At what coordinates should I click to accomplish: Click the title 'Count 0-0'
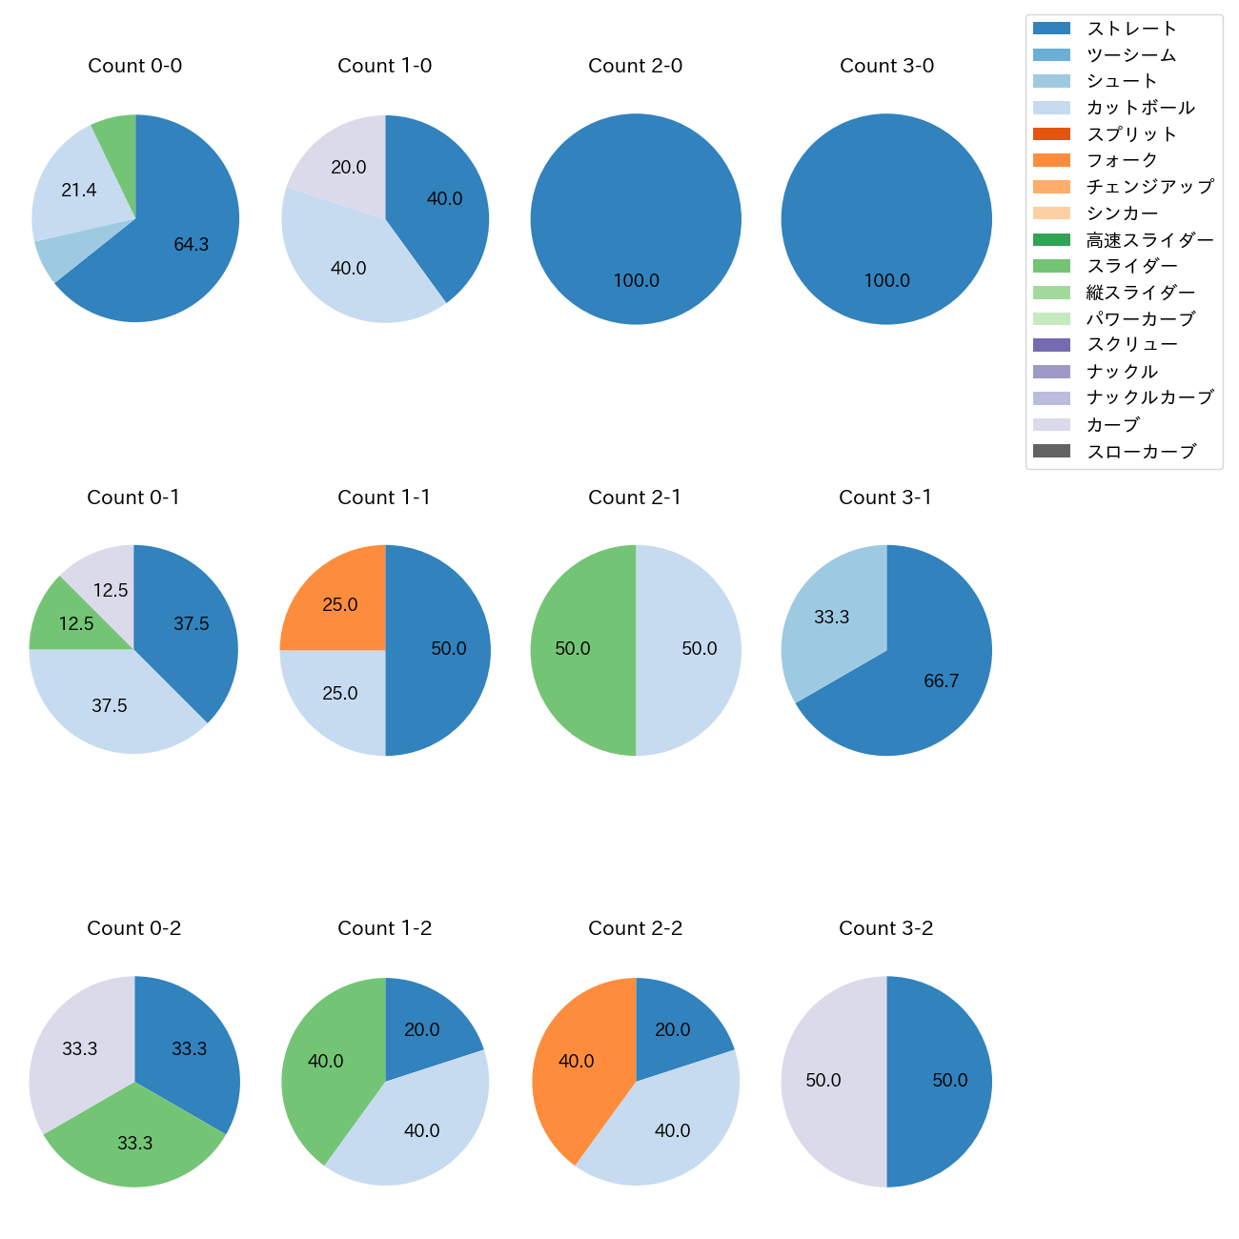(135, 66)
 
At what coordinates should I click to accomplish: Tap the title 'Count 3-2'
(886, 928)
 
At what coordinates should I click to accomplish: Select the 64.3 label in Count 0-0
(192, 245)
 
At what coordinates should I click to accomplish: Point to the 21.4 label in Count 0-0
(79, 191)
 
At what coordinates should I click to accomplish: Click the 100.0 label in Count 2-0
(636, 281)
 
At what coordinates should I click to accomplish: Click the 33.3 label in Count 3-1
(831, 618)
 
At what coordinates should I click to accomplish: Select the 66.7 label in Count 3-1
(941, 681)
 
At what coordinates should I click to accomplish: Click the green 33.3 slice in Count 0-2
(134, 1143)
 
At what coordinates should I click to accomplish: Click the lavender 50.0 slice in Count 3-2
(823, 1081)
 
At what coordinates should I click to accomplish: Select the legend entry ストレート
(1131, 29)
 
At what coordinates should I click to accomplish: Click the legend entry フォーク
(1122, 160)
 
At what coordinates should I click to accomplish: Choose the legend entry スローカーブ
(1141, 452)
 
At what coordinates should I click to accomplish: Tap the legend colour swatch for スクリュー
(1051, 345)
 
